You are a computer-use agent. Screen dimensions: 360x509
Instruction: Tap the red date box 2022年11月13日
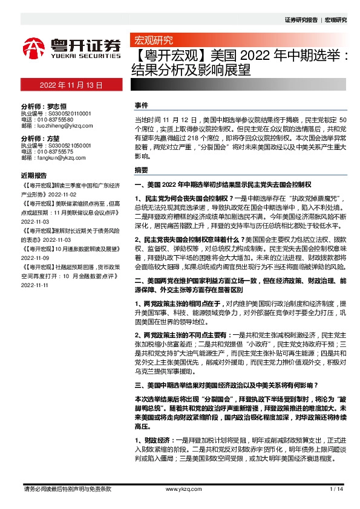coord(71,86)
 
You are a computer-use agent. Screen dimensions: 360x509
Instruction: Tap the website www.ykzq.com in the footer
coord(180,488)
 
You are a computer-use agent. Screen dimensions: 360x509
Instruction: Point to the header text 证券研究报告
coord(301,19)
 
